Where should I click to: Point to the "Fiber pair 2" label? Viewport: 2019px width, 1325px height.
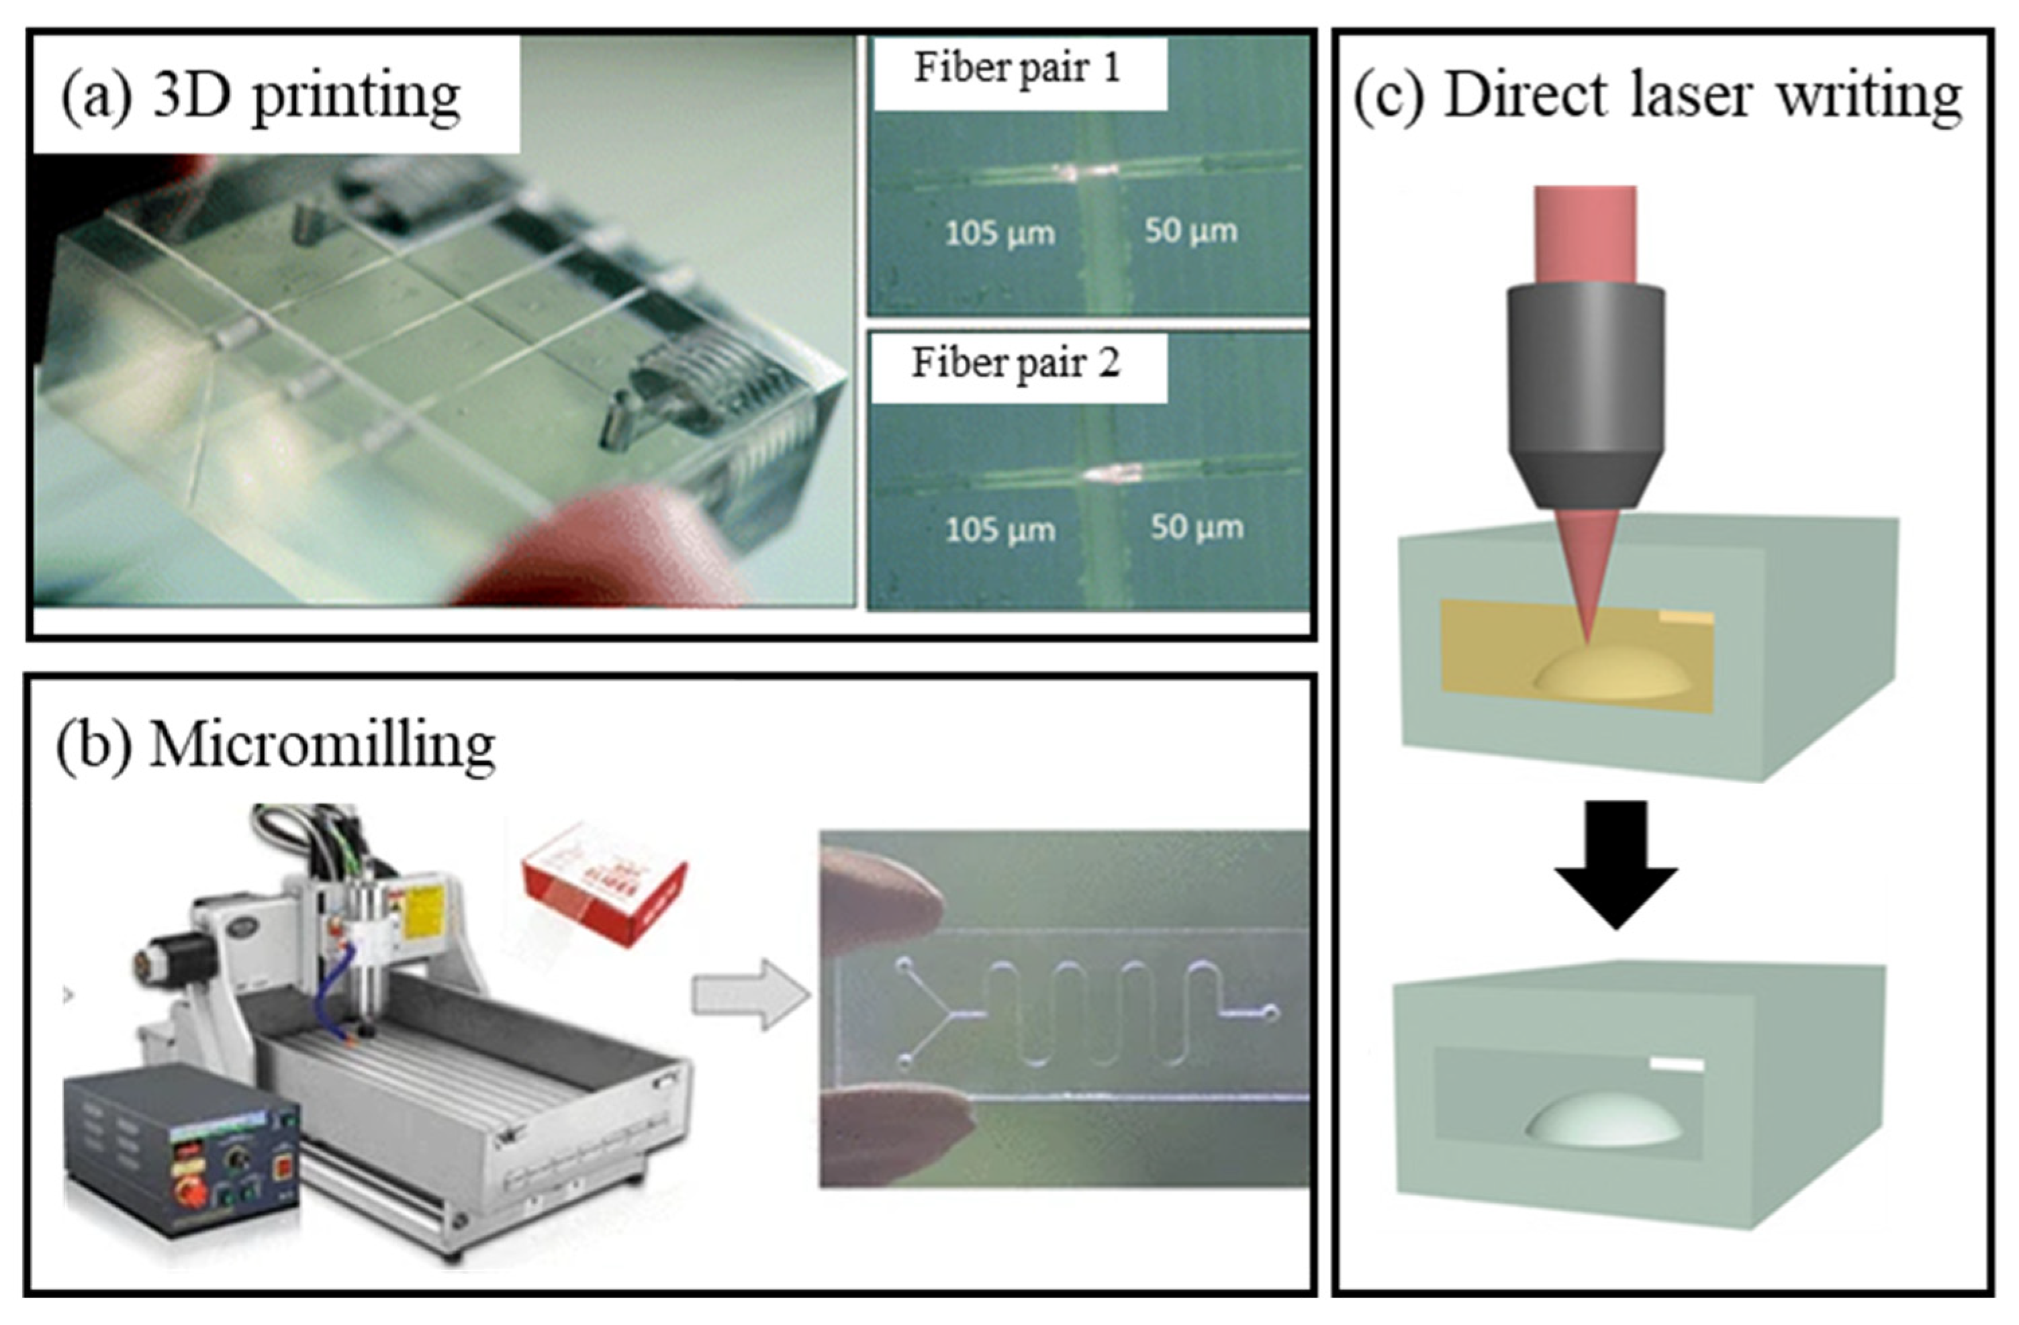pyautogui.click(x=1017, y=363)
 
